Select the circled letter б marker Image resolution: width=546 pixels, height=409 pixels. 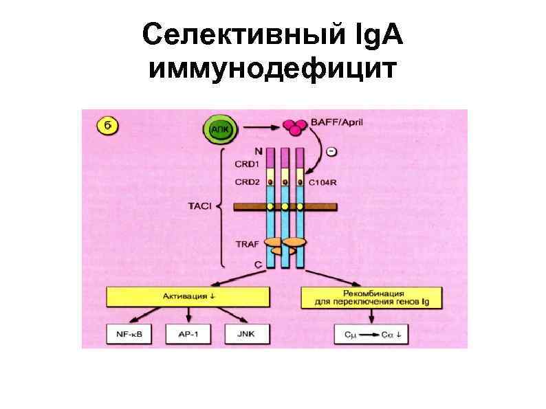point(107,126)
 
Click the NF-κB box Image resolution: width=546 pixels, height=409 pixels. point(126,334)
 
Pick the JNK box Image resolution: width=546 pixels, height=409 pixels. point(244,334)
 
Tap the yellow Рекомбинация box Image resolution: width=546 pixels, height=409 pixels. point(371,296)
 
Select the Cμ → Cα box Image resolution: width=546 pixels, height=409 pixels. point(372,334)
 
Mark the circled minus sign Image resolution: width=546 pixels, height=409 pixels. point(331,151)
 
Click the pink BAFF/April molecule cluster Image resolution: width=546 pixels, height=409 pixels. point(294,127)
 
